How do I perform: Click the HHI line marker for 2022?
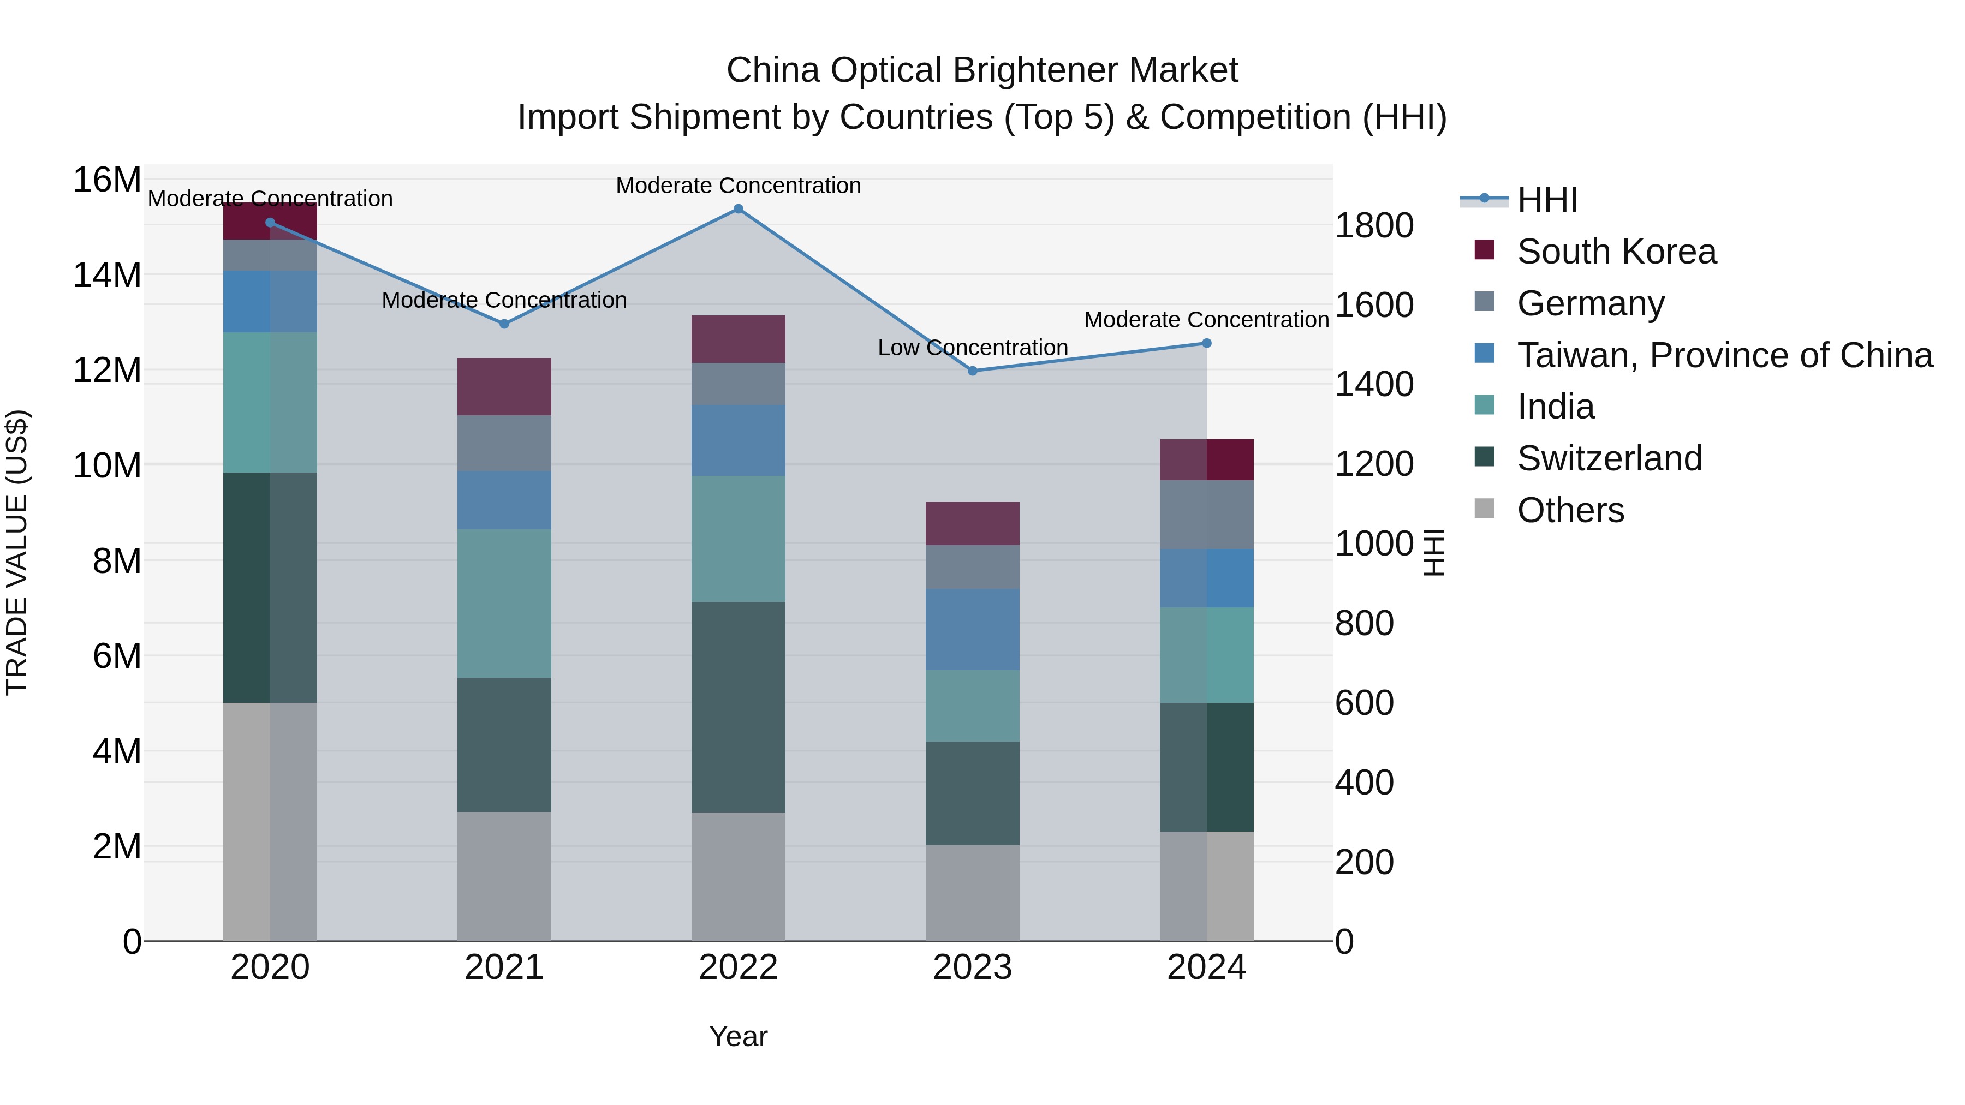pos(737,209)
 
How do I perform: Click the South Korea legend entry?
pos(1616,252)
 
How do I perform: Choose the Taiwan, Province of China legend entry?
pos(1724,355)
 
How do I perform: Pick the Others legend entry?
pos(1570,510)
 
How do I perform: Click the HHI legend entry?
pos(1547,200)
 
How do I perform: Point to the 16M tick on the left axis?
pos(107,181)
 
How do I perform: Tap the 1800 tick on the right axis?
pos(1374,226)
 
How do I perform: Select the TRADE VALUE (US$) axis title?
pos(17,552)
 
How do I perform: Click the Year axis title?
pos(737,1036)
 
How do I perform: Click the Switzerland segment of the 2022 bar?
pos(737,707)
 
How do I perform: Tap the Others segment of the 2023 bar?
pos(972,892)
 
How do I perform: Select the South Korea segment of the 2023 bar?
pos(972,524)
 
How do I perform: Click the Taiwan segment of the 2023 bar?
pos(972,630)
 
